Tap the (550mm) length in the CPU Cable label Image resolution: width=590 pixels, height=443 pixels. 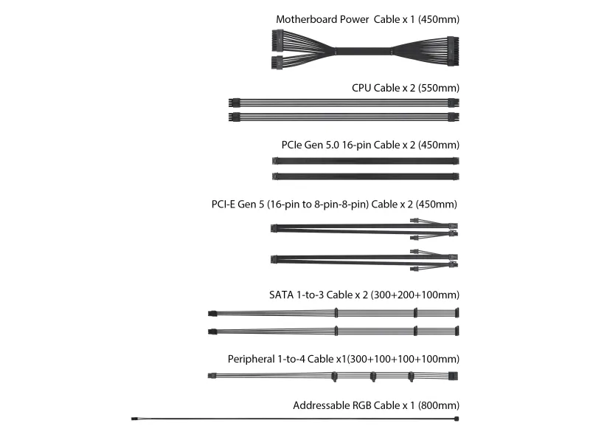(438, 88)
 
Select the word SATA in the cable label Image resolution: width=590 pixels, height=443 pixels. (282, 295)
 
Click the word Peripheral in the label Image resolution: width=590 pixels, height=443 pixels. (251, 359)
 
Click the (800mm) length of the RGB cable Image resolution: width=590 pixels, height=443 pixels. (438, 405)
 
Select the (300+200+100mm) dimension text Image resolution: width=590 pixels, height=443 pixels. (415, 295)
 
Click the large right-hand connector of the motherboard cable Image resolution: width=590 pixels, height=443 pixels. (453, 51)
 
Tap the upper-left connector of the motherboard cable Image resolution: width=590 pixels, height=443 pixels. (277, 41)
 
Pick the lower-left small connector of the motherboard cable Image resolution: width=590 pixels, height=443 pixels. (277, 62)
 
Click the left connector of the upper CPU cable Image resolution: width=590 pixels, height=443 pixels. (234, 103)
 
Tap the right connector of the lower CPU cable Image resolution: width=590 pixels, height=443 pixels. (454, 117)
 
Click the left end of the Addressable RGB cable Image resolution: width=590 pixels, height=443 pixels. (134, 419)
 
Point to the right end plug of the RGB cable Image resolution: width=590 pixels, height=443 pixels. (457, 419)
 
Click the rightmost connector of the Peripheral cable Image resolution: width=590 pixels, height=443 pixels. (453, 376)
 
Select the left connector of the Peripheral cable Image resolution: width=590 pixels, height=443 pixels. (212, 376)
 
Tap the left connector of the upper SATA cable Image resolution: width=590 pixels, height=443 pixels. (212, 313)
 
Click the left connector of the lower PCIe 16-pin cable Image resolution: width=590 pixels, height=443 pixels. (275, 176)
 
